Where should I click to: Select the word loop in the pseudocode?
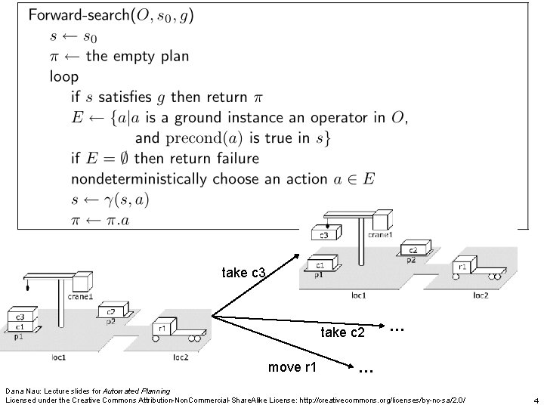(x=64, y=76)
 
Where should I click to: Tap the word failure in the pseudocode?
(x=231, y=159)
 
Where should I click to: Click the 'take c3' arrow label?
(x=243, y=272)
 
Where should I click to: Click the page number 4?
(x=534, y=400)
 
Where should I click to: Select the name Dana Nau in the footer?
(x=23, y=391)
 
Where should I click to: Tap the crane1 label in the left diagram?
(x=79, y=297)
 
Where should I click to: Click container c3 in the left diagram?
(x=18, y=317)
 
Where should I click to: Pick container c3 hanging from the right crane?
(x=324, y=235)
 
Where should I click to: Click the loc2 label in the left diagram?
(x=181, y=357)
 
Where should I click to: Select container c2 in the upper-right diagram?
(x=413, y=250)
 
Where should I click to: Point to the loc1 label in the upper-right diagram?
(x=358, y=295)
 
